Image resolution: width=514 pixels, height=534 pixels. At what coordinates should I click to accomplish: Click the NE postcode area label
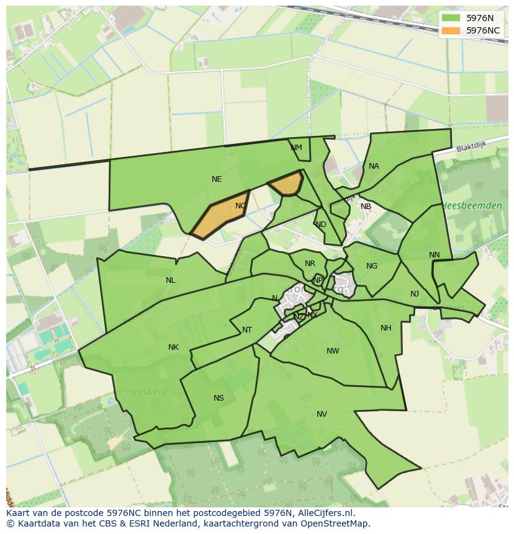click(x=217, y=179)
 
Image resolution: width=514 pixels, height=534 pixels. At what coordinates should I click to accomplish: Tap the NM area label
click(x=296, y=148)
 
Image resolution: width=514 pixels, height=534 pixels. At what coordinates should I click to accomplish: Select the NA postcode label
click(x=374, y=166)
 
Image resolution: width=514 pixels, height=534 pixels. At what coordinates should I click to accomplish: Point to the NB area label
click(x=366, y=207)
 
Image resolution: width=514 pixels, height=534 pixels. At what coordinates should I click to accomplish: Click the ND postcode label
click(x=320, y=225)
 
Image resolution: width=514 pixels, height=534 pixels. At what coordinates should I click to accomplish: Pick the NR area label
click(x=310, y=264)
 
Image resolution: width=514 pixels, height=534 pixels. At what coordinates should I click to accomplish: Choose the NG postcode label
click(x=372, y=266)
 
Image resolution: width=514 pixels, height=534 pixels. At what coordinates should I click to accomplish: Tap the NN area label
click(x=434, y=255)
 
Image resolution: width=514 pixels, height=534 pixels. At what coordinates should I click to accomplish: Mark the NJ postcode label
click(x=415, y=294)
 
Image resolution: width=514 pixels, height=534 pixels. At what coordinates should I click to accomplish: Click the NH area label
click(x=386, y=328)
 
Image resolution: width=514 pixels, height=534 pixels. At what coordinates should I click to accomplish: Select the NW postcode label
click(x=333, y=351)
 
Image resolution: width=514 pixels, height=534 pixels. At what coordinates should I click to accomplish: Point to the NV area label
click(x=322, y=414)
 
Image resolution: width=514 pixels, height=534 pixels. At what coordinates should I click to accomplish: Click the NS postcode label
click(x=219, y=398)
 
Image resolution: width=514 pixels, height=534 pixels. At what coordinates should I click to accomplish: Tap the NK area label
click(x=173, y=347)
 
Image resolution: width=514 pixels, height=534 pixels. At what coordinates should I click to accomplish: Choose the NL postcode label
click(x=170, y=280)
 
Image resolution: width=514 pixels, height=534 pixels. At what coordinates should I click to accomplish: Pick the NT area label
click(x=247, y=330)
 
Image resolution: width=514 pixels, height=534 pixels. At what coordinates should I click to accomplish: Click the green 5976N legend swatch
click(x=451, y=18)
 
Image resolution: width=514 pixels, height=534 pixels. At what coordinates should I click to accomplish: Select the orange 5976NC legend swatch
click(x=451, y=30)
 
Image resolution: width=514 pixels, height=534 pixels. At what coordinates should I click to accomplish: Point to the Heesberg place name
click(x=142, y=391)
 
